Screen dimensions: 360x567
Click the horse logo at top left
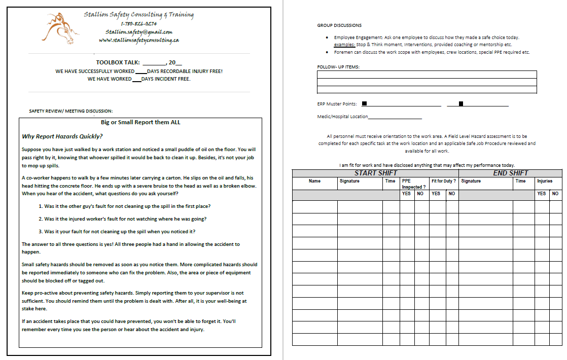click(x=60, y=27)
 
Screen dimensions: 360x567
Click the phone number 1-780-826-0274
click(x=138, y=23)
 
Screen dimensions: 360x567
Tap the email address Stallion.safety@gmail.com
click(x=138, y=31)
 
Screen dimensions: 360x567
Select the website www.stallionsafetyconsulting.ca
click(x=138, y=40)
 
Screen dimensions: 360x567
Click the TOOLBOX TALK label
click(x=118, y=63)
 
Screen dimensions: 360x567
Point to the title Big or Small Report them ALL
click(x=140, y=122)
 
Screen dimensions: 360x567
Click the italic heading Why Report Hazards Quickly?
click(x=62, y=136)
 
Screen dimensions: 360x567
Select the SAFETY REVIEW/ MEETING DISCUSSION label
click(x=71, y=111)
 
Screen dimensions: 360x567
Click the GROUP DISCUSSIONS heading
click(x=339, y=25)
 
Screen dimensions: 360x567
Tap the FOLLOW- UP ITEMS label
click(x=338, y=67)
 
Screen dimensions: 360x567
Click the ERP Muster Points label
click(x=337, y=104)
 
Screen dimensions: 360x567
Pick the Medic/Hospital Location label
click(x=342, y=117)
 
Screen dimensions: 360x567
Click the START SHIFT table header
click(x=375, y=173)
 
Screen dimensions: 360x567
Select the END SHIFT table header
click(x=510, y=173)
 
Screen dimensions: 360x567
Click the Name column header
click(x=314, y=181)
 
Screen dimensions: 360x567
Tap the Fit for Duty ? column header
click(x=444, y=181)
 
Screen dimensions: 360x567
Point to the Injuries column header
click(x=545, y=181)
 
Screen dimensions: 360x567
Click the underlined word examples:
click(x=344, y=45)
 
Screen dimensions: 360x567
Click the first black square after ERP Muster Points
click(x=364, y=104)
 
